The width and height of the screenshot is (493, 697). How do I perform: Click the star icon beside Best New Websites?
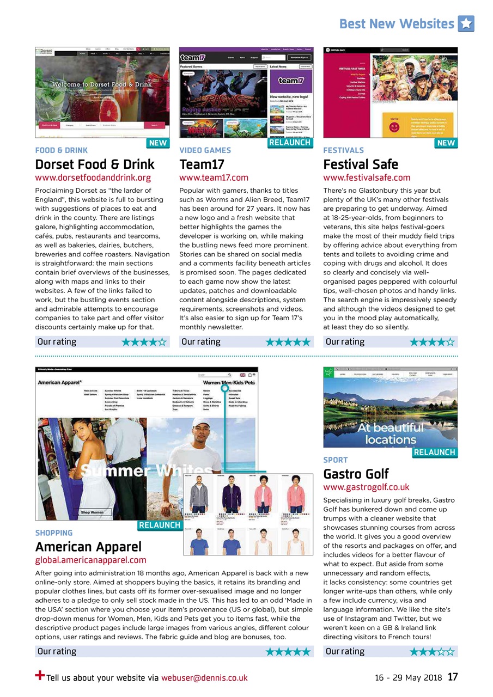coord(466,23)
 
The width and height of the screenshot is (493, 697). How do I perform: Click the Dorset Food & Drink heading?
coord(95,164)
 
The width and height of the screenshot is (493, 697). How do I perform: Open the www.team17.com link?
coord(214,178)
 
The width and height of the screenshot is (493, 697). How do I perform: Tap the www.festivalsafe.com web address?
coord(367,178)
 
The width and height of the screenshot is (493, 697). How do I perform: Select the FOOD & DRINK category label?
coord(61,150)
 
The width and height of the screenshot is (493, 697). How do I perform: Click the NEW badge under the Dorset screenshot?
coord(158,143)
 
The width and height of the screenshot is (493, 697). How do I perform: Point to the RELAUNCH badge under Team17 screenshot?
coord(290,143)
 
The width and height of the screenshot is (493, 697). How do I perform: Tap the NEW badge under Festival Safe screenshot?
coord(446,143)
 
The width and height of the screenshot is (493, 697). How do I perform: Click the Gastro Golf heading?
coord(356,473)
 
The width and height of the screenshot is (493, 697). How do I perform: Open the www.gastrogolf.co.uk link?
coord(366,487)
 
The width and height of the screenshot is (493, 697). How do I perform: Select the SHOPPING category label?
coord(53,533)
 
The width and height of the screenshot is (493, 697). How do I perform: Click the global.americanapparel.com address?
coord(90,560)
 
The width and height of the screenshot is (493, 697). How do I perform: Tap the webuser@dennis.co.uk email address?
coord(204,678)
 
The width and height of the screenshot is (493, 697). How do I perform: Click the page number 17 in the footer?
coord(453,677)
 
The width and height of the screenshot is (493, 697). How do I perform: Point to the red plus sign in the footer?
coord(40,675)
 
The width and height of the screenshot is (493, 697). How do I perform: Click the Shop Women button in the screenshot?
coord(92,512)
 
